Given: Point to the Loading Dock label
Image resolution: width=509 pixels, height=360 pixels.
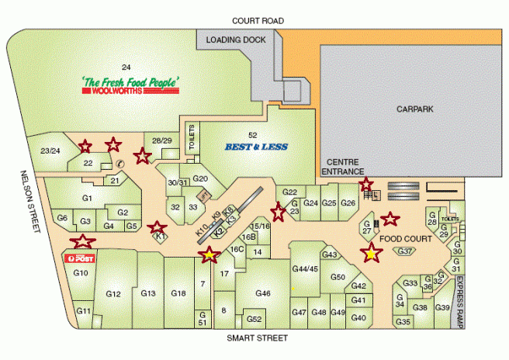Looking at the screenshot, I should pos(236,39).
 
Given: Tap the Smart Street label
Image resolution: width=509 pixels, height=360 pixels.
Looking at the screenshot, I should pos(257,338).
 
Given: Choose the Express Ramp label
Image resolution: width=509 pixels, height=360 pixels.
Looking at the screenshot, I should pos(460,303).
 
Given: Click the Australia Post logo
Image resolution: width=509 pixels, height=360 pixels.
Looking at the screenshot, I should pos(81,258).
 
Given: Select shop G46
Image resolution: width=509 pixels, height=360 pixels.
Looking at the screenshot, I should pos(262,293).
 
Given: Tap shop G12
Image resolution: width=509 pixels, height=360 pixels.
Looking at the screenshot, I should pos(113,294).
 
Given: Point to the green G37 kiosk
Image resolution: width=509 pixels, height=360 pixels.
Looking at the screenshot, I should pos(405,251).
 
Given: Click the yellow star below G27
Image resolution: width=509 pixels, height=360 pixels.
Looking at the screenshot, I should pos(372,253).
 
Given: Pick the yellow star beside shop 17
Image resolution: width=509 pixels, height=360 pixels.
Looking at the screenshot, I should pos(209,254).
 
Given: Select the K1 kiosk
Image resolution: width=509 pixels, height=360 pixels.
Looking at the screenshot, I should pos(161,237).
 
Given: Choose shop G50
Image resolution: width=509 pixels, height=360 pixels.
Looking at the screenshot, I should pos(338,276).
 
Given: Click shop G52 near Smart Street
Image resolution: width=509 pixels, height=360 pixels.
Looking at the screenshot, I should pos(254,319).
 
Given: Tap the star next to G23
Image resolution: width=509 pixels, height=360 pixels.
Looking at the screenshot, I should pos(277,209).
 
